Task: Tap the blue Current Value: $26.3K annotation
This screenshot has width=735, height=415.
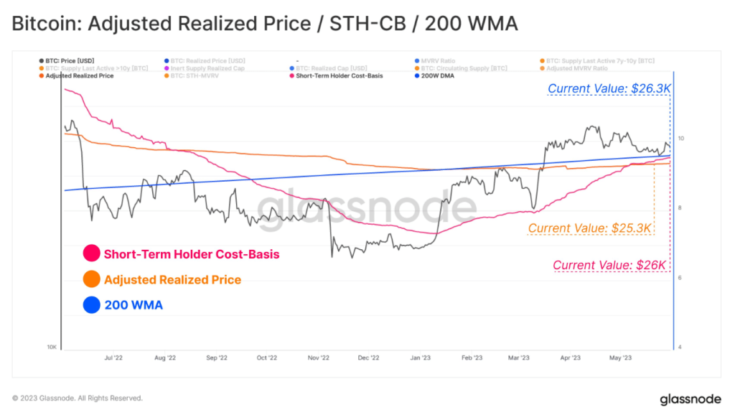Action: coord(609,88)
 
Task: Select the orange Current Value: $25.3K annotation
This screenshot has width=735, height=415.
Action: coord(590,228)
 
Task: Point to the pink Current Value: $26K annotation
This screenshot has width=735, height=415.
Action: coord(610,265)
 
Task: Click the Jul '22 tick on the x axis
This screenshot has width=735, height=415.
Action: coord(113,357)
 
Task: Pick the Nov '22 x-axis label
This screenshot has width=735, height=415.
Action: coord(318,357)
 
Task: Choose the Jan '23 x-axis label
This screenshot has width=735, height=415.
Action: coord(420,357)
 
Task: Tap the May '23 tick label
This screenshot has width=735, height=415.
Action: coord(619,357)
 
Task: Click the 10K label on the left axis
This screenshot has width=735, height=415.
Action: coord(52,348)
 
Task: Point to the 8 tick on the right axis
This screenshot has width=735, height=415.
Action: coord(680,208)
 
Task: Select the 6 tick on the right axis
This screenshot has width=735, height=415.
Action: coord(680,278)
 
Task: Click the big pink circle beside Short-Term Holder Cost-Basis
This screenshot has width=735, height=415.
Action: coord(91,254)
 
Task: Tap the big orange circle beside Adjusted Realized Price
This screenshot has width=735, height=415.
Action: coord(91,279)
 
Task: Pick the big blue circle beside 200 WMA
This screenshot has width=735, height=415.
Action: coord(91,305)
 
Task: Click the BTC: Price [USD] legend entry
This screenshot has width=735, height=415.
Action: coord(68,60)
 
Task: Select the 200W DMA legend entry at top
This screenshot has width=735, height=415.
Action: coord(435,75)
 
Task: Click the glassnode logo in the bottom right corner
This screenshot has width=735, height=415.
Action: coord(690,398)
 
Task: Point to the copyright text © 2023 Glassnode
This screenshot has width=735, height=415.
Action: coord(78,398)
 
